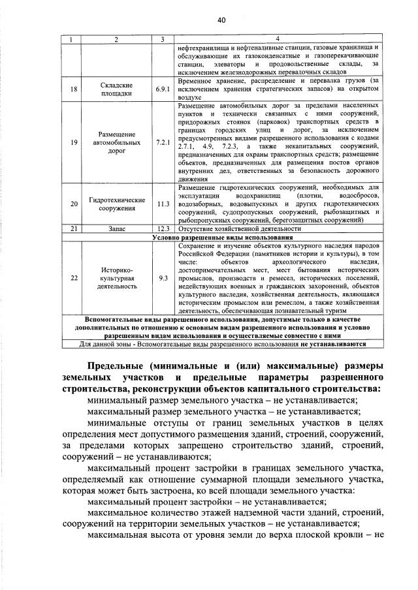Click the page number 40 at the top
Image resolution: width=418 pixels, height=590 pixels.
tap(221, 21)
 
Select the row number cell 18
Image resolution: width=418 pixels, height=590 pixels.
tap(74, 89)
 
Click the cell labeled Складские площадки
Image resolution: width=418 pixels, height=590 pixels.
tap(117, 89)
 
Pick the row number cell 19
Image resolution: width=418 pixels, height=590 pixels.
tap(74, 142)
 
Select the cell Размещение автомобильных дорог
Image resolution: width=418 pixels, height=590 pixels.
tap(117, 142)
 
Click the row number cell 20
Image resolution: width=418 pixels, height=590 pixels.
tap(74, 204)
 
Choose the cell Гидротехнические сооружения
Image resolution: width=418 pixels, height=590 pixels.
tap(117, 204)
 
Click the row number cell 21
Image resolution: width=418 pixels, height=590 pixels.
tap(74, 229)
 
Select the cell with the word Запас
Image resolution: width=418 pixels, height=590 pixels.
tap(117, 229)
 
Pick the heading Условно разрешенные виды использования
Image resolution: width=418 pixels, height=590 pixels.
tap(222, 238)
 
